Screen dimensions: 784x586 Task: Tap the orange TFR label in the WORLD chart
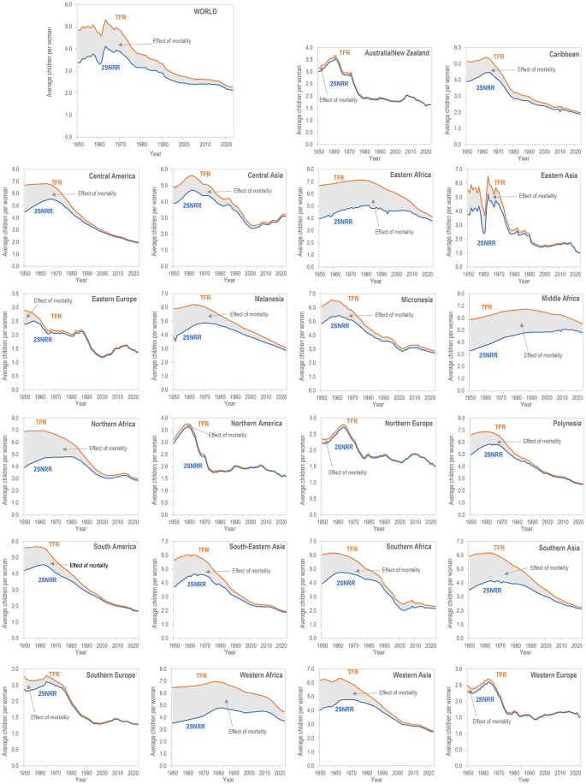(121, 16)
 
